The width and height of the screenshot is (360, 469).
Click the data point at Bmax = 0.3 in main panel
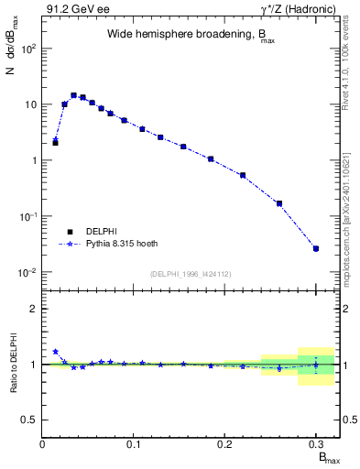coord(316,248)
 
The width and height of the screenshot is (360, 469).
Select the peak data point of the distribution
coord(73,95)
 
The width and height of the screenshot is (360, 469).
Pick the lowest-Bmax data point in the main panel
coord(56,142)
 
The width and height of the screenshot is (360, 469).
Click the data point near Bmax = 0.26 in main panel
coord(279,203)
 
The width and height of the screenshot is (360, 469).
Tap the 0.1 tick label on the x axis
coord(135,444)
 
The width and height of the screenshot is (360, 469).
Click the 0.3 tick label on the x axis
coord(316,444)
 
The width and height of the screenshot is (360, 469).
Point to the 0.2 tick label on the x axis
coord(225,444)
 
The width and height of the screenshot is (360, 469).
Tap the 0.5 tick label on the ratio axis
coord(30,420)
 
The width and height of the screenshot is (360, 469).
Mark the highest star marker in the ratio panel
coord(56,352)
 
